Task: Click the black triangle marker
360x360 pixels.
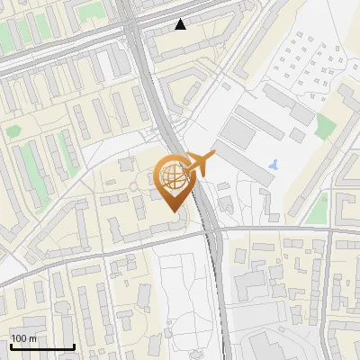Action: tap(181, 24)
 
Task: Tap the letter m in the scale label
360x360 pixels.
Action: tap(31, 338)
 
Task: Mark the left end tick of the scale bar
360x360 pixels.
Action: tap(9, 346)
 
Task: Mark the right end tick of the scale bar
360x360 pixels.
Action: tap(74, 346)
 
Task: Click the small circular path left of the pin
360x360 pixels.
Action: tap(135, 186)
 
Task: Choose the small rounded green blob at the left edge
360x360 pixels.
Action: tap(13, 131)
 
